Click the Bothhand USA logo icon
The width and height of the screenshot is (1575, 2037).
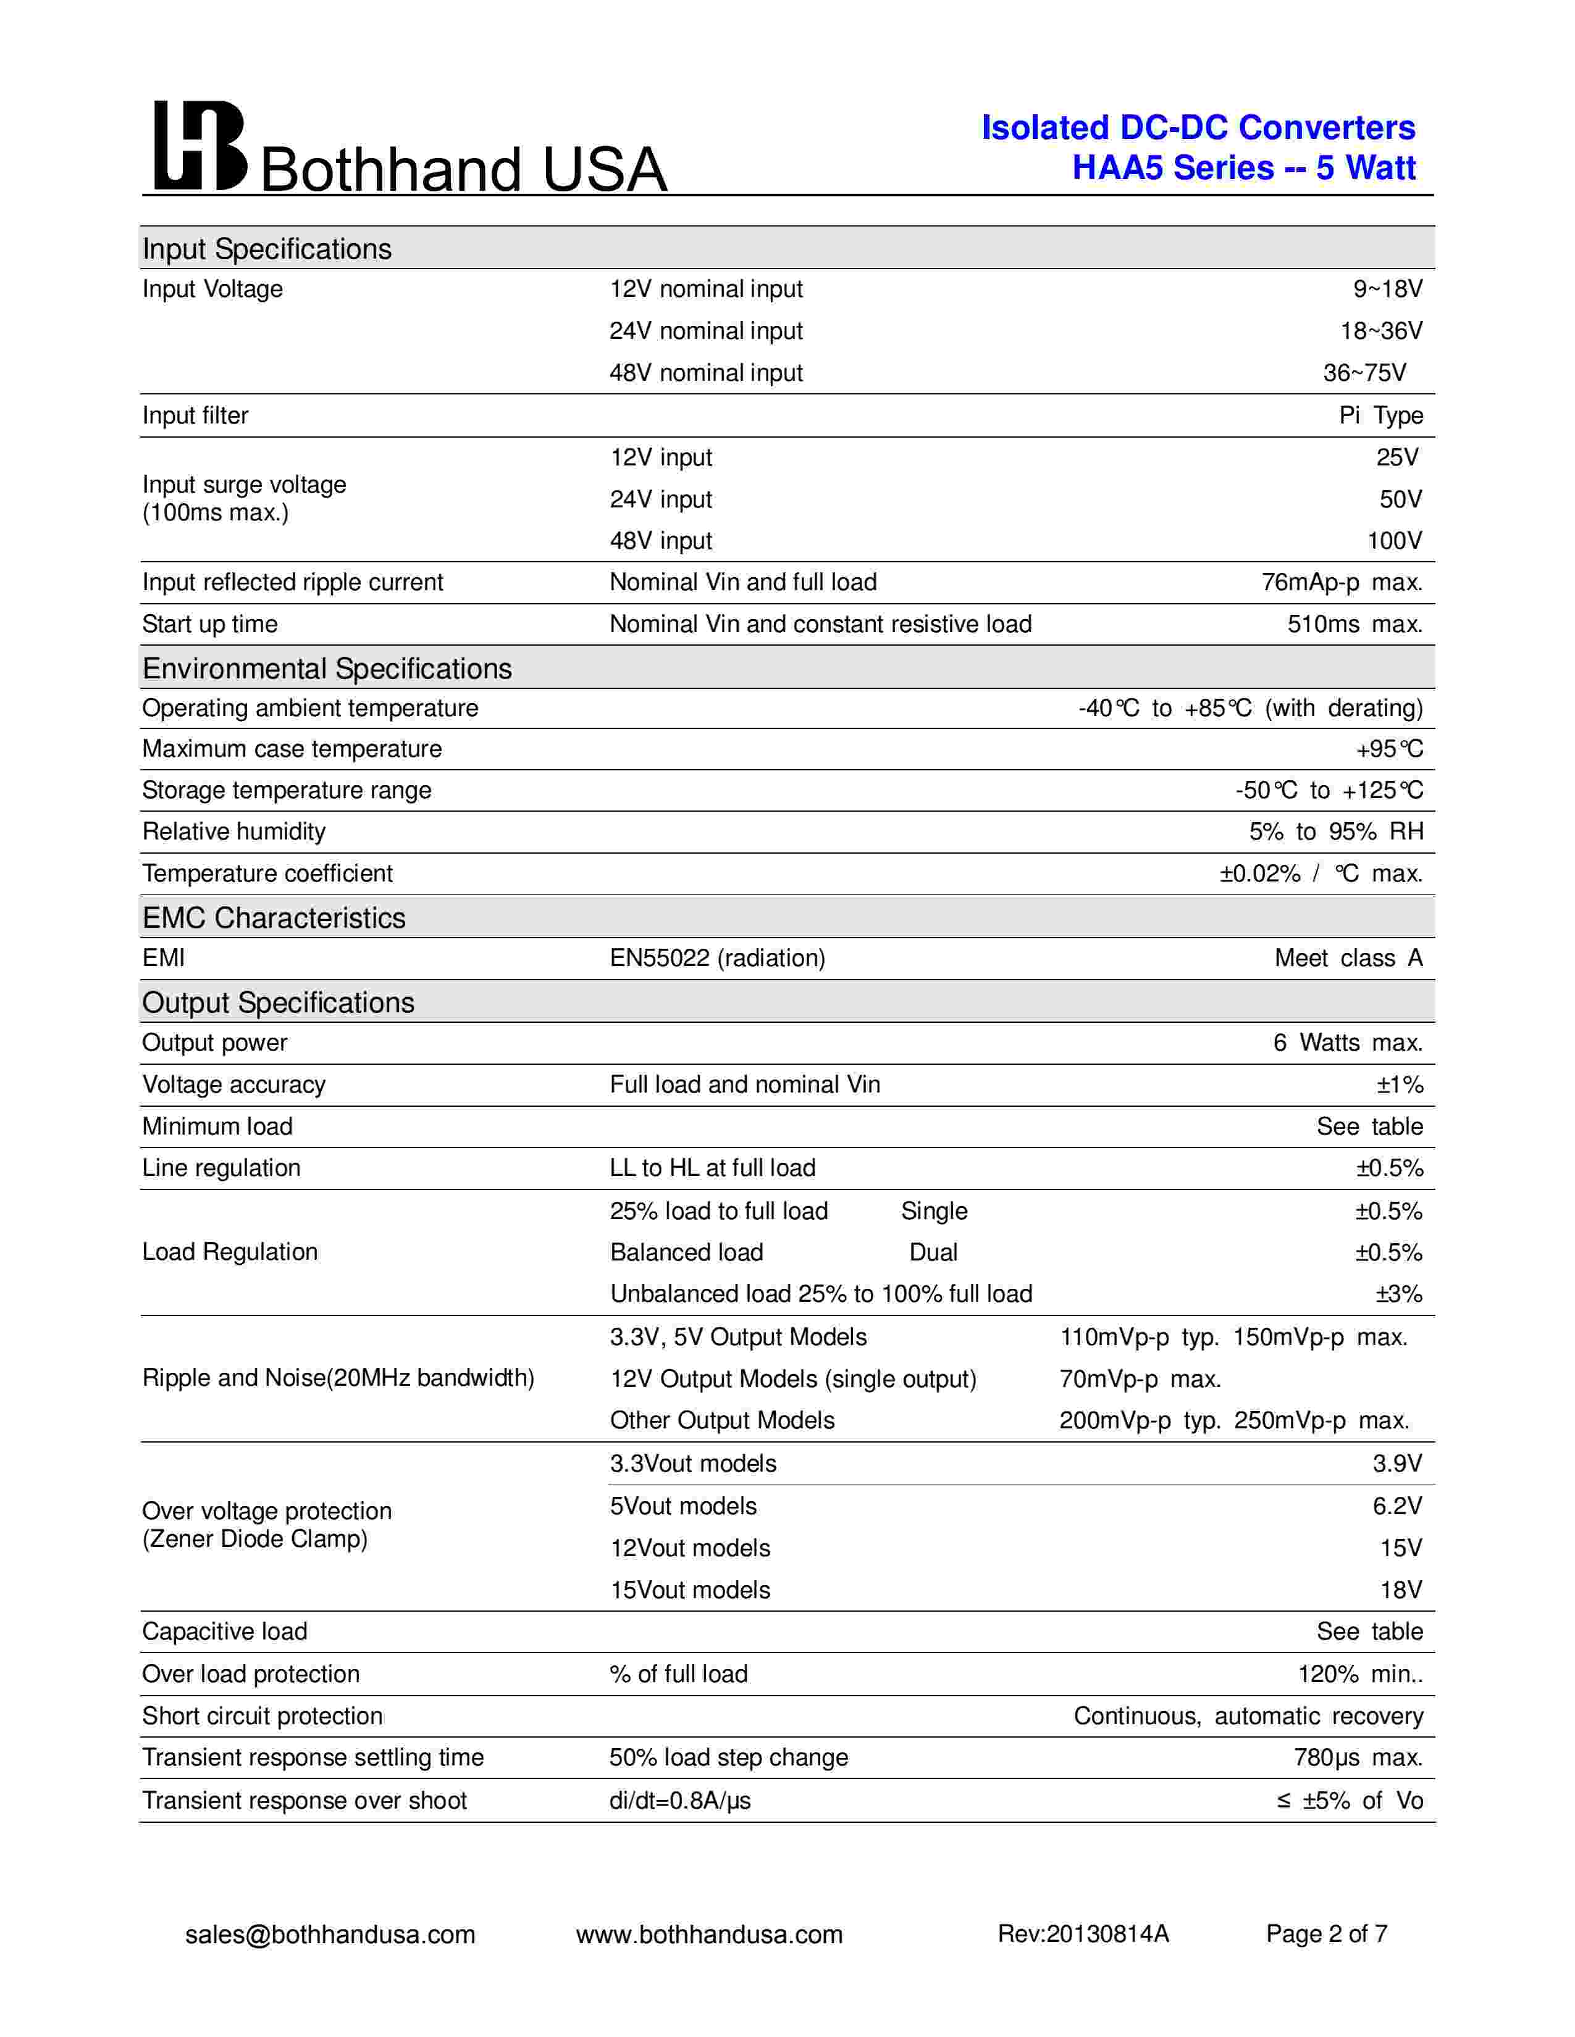(199, 146)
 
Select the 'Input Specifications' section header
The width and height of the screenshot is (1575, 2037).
(267, 249)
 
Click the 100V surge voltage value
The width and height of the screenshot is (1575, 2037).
(1394, 541)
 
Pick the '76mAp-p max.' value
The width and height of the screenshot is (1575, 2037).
(1342, 582)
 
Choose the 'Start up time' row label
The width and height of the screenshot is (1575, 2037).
(210, 624)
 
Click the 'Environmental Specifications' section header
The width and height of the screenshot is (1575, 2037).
(327, 669)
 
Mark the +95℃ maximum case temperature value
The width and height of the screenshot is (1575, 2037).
(1389, 749)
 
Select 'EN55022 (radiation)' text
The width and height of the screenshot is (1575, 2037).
(718, 958)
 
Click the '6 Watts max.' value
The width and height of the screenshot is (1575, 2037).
(1347, 1043)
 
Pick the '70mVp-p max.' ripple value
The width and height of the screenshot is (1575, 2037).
(1140, 1378)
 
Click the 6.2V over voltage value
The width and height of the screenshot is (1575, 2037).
(1396, 1506)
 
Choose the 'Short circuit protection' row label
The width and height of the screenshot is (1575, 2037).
(262, 1716)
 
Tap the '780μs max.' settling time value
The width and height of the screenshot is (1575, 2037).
(1358, 1757)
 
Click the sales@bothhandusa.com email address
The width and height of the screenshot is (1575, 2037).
(330, 1935)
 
